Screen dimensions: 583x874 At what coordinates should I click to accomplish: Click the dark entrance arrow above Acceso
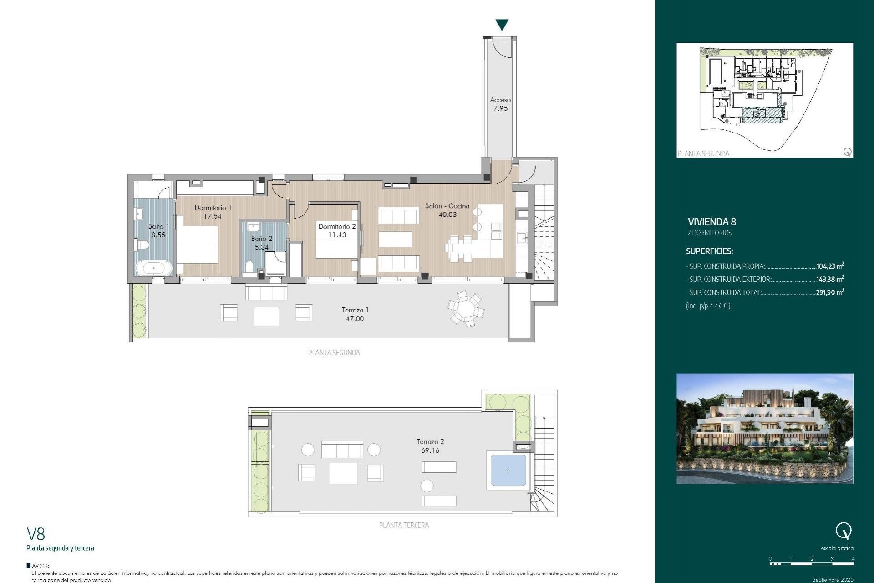(x=502, y=25)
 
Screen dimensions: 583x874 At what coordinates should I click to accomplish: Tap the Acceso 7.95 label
(x=500, y=104)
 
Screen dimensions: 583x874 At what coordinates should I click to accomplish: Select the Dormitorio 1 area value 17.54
(x=213, y=216)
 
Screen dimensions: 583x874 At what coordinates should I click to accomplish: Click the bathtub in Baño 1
(x=154, y=268)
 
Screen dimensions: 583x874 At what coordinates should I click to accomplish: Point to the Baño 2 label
(x=261, y=239)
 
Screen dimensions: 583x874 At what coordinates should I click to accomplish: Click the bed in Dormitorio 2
(x=336, y=246)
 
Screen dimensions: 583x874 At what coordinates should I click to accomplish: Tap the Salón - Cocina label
(x=447, y=206)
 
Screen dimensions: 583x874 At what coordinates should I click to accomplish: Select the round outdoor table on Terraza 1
(x=466, y=309)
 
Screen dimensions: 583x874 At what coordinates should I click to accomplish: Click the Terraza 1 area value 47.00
(x=355, y=319)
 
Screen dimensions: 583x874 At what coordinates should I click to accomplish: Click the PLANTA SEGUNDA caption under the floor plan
(x=334, y=353)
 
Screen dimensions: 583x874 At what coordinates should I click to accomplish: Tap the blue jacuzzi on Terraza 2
(x=508, y=470)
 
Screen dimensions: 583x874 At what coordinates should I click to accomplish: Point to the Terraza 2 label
(x=430, y=441)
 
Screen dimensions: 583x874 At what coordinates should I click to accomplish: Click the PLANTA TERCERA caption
(x=404, y=525)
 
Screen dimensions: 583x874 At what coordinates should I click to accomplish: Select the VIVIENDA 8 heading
(x=711, y=222)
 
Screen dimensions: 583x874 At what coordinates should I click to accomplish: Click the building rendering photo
(x=764, y=429)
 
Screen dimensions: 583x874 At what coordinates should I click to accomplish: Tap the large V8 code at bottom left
(x=36, y=534)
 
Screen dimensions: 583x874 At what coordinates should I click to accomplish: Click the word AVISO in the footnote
(x=41, y=566)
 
